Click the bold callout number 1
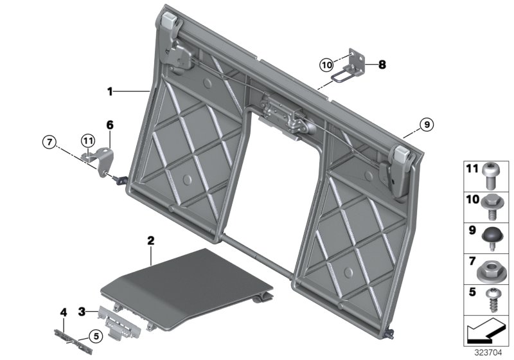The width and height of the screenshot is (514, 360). click(110, 92)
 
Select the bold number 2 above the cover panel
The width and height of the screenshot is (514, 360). click(150, 242)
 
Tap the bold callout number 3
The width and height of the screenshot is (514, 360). click(82, 312)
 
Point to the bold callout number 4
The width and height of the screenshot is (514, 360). click(63, 313)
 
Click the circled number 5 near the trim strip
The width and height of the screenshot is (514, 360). click(94, 335)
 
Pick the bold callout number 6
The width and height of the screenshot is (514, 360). click(109, 124)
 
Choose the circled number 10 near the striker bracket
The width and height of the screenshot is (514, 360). click(326, 64)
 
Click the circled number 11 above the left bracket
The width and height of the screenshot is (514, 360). click(87, 139)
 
